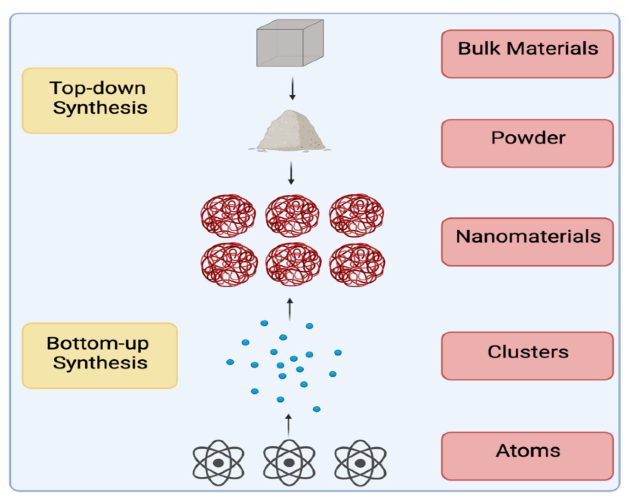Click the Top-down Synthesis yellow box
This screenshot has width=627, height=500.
(100, 101)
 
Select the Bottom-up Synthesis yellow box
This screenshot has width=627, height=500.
(100, 356)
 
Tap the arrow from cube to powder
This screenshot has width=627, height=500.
(292, 89)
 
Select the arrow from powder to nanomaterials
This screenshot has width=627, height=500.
(291, 173)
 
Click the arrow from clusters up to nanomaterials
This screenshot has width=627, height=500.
(290, 309)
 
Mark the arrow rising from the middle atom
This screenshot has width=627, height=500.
(289, 425)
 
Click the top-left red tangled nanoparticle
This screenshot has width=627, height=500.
(228, 215)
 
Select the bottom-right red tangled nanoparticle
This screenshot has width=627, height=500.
(357, 264)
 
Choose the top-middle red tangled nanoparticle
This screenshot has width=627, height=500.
(292, 215)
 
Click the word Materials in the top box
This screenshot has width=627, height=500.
(552, 49)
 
